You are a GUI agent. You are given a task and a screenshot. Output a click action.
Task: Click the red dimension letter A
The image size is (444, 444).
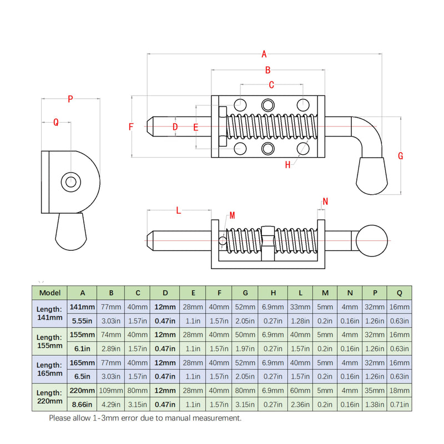coord(264,54)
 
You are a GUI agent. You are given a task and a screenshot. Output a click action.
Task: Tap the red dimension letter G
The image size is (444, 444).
coord(400,156)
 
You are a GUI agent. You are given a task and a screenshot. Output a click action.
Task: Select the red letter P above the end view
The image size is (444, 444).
coord(70,99)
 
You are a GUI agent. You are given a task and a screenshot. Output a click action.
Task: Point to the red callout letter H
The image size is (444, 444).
coord(287,165)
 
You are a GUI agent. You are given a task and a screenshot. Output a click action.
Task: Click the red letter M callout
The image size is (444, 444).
coord(232,215)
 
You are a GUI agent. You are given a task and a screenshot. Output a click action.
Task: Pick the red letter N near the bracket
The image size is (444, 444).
coord(325,201)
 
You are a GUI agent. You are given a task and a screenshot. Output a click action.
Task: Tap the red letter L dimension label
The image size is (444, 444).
coord(178,210)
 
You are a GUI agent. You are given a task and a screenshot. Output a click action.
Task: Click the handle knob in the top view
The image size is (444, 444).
coord(372,176)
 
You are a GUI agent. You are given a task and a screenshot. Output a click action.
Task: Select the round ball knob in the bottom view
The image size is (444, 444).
coord(371,241)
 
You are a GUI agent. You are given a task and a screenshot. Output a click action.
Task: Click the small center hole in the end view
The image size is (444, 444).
coord(71,182)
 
